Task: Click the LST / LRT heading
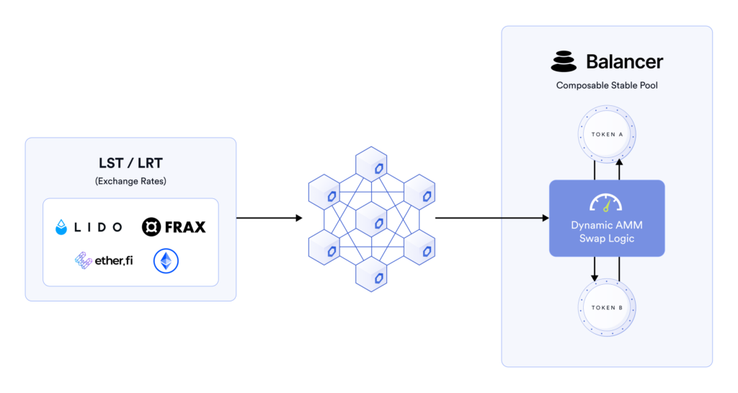(x=130, y=164)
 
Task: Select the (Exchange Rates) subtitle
(x=130, y=181)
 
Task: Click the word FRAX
(x=184, y=227)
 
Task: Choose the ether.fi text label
(x=114, y=260)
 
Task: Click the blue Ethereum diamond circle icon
(x=166, y=261)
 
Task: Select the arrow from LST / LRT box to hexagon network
(x=269, y=217)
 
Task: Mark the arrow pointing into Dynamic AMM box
(x=490, y=217)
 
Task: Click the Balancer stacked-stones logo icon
(x=564, y=61)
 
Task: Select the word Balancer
(x=624, y=61)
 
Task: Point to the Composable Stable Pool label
(x=606, y=85)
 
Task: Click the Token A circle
(x=606, y=135)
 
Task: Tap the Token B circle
(x=606, y=307)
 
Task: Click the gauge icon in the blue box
(x=606, y=203)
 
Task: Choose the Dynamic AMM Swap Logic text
(x=606, y=231)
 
